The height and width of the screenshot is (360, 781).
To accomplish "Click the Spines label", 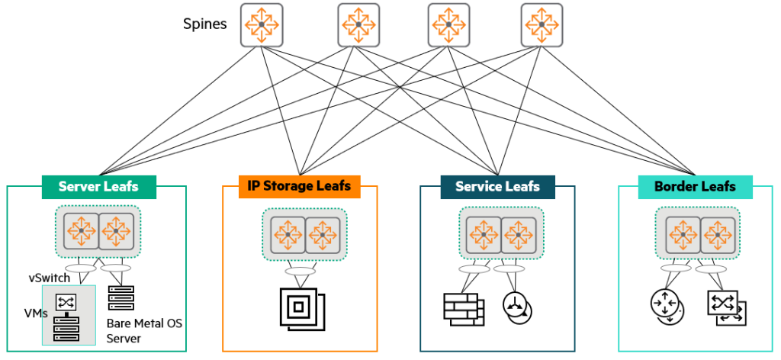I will (204, 24).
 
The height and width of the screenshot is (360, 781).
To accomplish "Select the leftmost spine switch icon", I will (262, 24).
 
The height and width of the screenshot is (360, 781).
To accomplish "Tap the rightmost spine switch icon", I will (542, 24).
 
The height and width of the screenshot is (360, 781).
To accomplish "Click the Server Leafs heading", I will (98, 187).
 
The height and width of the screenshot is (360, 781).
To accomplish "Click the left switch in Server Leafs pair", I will (80, 230).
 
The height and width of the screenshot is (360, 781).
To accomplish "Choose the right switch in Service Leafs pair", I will (519, 232).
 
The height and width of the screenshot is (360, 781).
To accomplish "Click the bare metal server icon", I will (121, 298).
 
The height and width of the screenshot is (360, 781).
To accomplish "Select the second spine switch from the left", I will (358, 24).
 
